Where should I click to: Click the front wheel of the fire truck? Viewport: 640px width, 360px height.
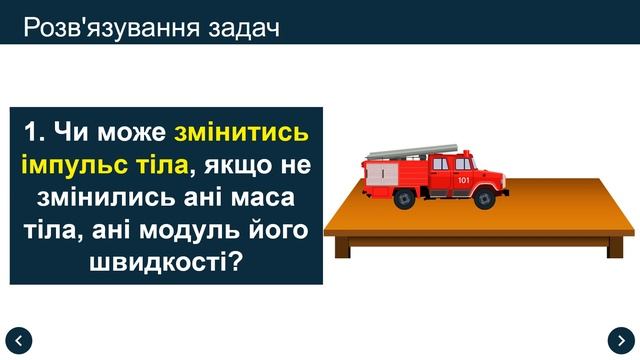coord(486,198)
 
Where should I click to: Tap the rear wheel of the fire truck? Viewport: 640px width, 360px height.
coord(404,198)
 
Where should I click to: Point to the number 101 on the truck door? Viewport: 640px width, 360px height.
coord(462,179)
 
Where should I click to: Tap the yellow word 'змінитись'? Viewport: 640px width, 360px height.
coord(241,132)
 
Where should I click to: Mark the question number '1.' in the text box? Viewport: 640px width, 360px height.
coord(35,132)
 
